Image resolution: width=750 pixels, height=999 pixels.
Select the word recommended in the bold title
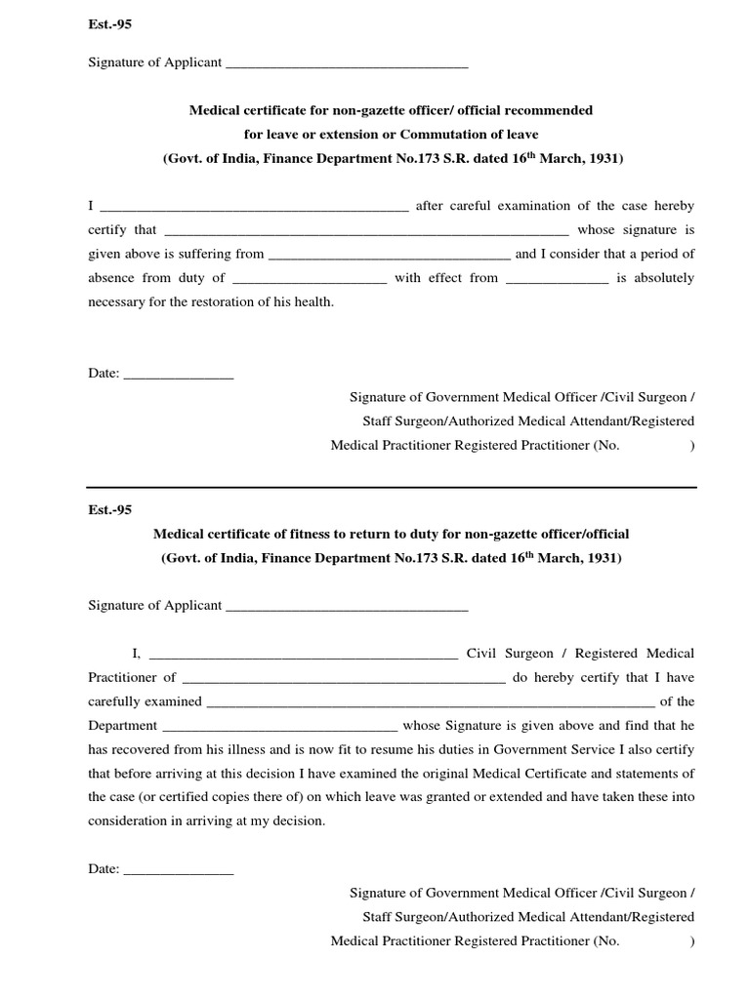point(552,110)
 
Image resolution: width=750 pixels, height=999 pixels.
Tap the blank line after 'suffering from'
point(389,256)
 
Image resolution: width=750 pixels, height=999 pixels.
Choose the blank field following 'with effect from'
point(558,280)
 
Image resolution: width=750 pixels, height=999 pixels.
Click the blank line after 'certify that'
point(366,232)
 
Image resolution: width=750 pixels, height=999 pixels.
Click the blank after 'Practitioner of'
point(344,679)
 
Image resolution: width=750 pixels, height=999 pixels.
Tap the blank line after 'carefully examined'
point(431,703)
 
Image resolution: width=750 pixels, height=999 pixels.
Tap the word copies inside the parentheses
point(253,797)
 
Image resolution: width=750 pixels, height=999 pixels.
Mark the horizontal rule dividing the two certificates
point(392,487)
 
